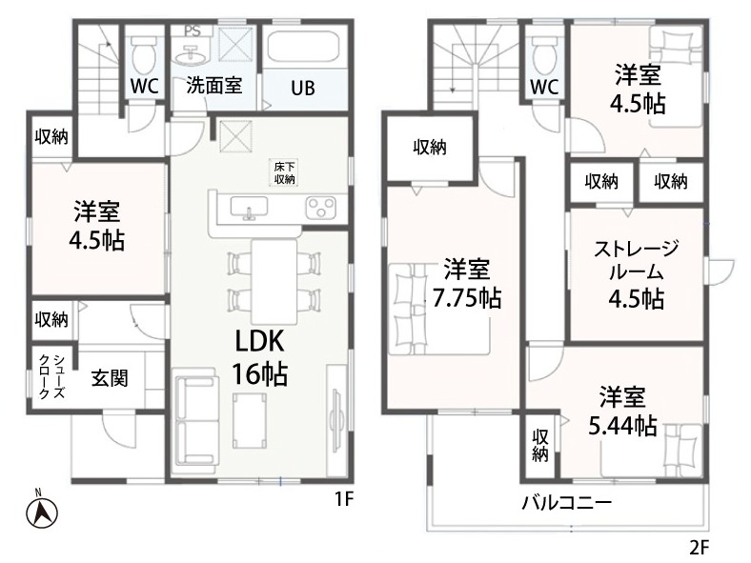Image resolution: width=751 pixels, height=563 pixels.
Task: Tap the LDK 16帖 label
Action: click(260, 357)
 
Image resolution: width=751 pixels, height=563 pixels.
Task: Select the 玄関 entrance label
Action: click(111, 378)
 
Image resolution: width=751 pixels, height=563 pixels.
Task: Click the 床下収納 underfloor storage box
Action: click(285, 173)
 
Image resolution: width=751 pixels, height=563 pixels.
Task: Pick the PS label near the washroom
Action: click(193, 31)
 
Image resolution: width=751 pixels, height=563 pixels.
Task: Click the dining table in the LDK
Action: click(274, 282)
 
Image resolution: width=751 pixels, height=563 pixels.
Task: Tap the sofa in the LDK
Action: click(196, 415)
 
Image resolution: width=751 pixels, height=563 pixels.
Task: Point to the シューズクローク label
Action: click(51, 377)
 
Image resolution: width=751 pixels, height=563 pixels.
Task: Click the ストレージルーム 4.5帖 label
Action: click(637, 273)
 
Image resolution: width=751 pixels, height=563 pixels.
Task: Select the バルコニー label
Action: click(567, 503)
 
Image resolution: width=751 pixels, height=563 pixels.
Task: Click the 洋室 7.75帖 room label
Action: click(466, 284)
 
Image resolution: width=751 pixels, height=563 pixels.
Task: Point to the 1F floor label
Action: click(343, 500)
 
